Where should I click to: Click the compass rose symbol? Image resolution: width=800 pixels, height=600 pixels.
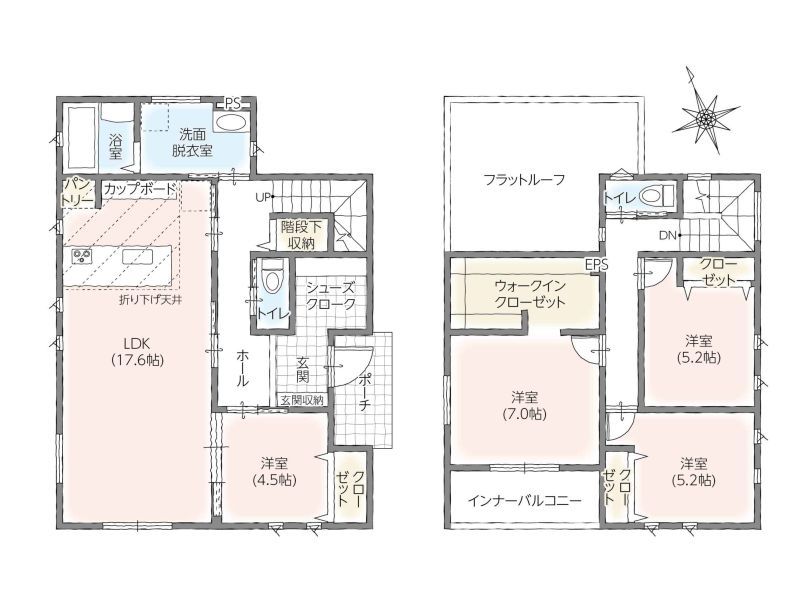(x=706, y=119)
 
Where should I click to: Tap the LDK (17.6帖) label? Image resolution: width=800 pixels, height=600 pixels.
(x=137, y=352)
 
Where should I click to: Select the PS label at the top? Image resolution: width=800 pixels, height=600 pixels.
(x=233, y=104)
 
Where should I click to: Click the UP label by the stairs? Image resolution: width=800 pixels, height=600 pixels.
(x=263, y=197)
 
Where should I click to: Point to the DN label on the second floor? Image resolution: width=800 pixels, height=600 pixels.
(x=667, y=235)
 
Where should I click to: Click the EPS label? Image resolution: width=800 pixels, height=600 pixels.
(x=596, y=264)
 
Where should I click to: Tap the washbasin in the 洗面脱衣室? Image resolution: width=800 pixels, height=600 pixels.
(x=230, y=122)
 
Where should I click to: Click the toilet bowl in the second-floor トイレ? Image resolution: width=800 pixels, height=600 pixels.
(x=656, y=196)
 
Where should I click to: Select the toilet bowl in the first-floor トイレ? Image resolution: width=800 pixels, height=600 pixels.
(x=270, y=278)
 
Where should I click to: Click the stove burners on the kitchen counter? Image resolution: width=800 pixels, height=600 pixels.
(x=81, y=256)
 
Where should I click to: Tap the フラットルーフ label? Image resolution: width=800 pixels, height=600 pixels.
(x=524, y=180)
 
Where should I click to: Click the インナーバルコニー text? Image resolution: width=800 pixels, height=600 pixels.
(x=524, y=500)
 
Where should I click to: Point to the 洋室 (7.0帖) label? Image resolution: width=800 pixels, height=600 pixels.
(x=524, y=405)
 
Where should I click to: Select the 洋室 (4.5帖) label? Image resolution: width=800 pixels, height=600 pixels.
(x=275, y=471)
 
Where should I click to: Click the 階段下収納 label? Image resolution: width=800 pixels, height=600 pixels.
(x=301, y=235)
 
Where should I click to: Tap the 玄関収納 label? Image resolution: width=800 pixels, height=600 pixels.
(x=302, y=400)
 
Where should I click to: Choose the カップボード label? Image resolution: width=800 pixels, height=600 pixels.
(x=140, y=189)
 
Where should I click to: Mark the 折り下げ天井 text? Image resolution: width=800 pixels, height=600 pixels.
(x=151, y=300)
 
